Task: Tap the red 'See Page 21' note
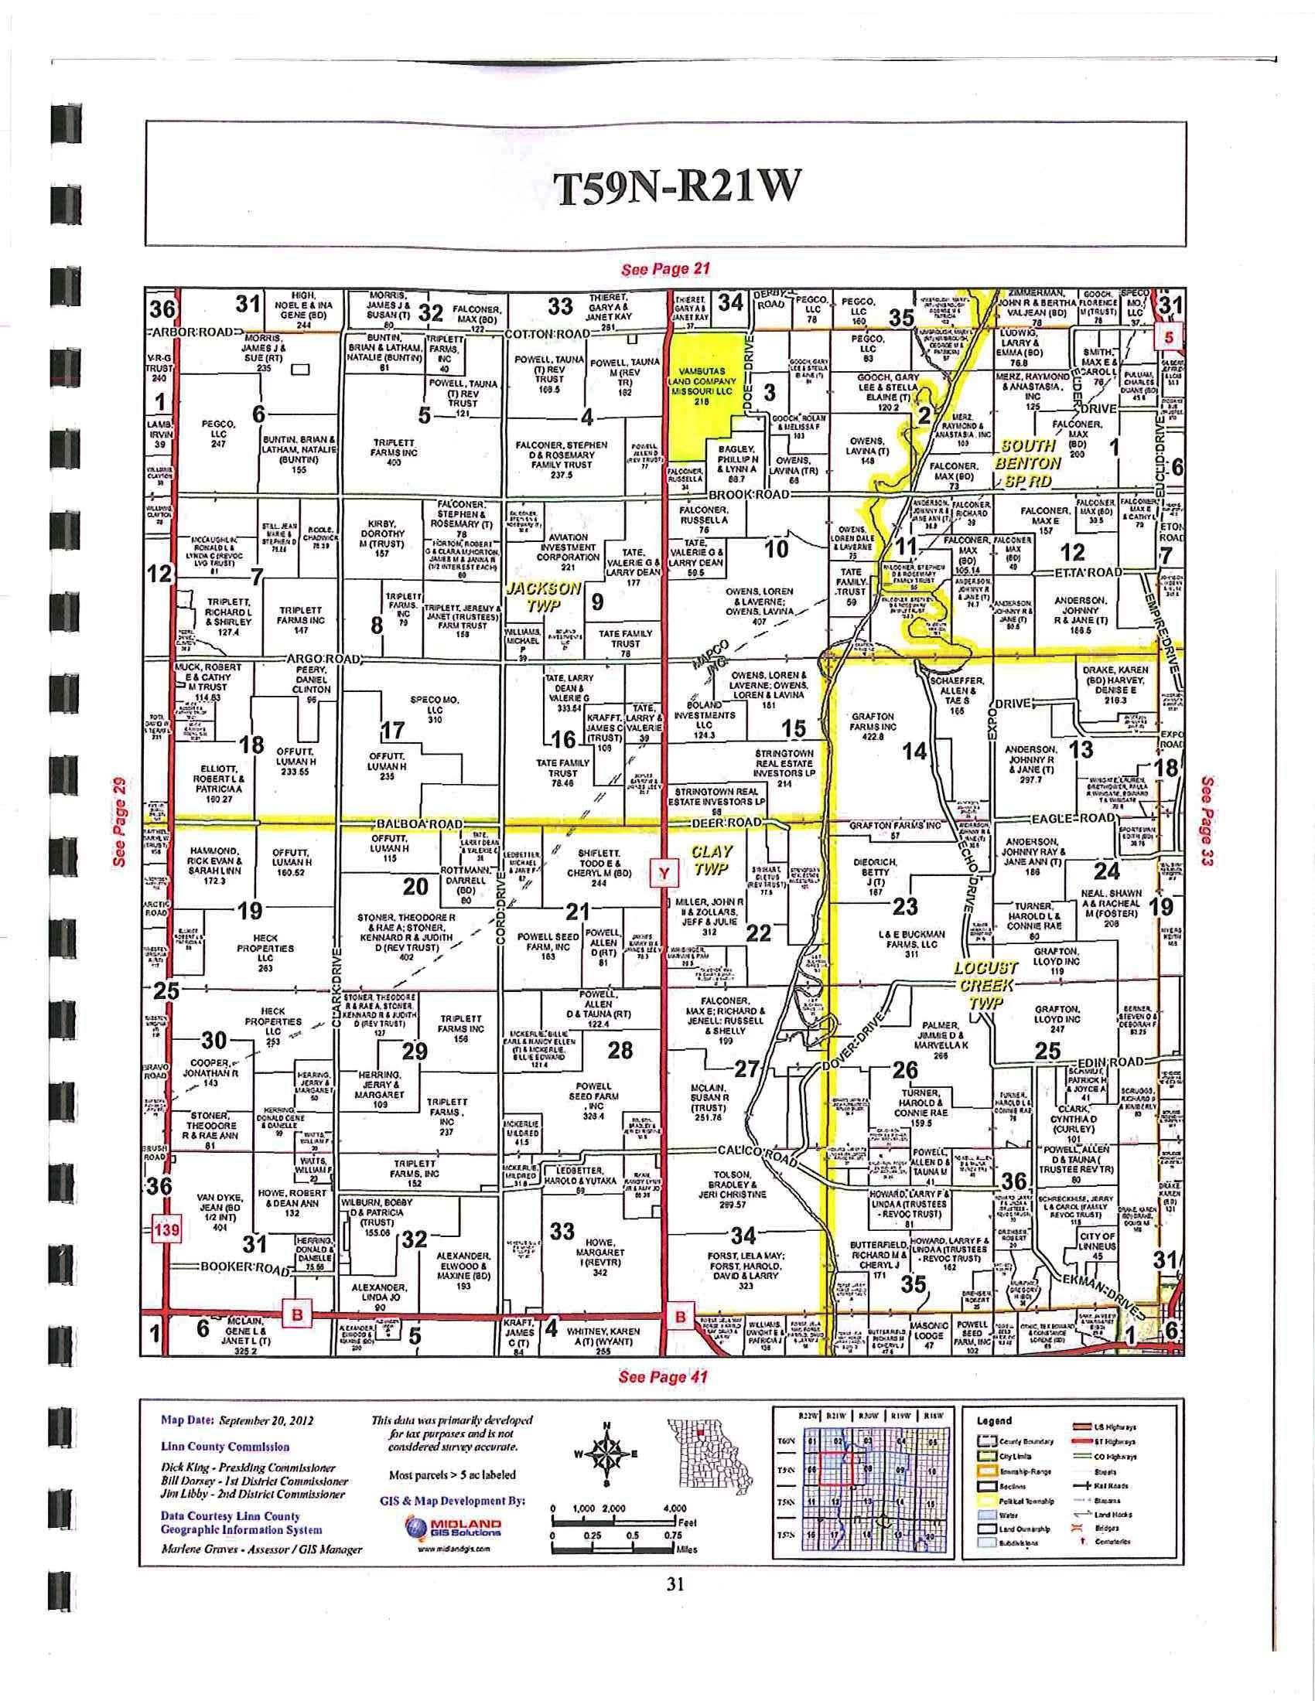tap(664, 270)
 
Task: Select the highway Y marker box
tap(662, 873)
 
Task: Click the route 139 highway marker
tap(167, 1231)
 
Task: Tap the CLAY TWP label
tap(711, 860)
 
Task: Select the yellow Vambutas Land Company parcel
tap(701, 390)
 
